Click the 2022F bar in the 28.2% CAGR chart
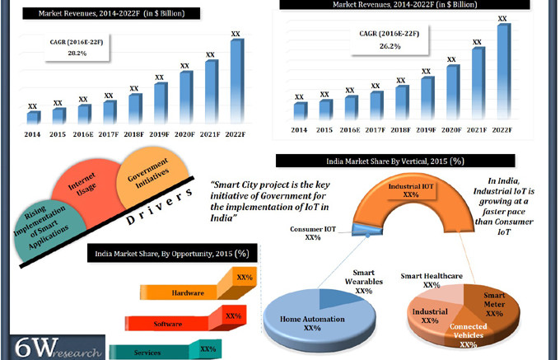click(236, 82)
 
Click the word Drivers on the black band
click(161, 208)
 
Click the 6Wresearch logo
click(51, 347)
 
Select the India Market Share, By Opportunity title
click(171, 253)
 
